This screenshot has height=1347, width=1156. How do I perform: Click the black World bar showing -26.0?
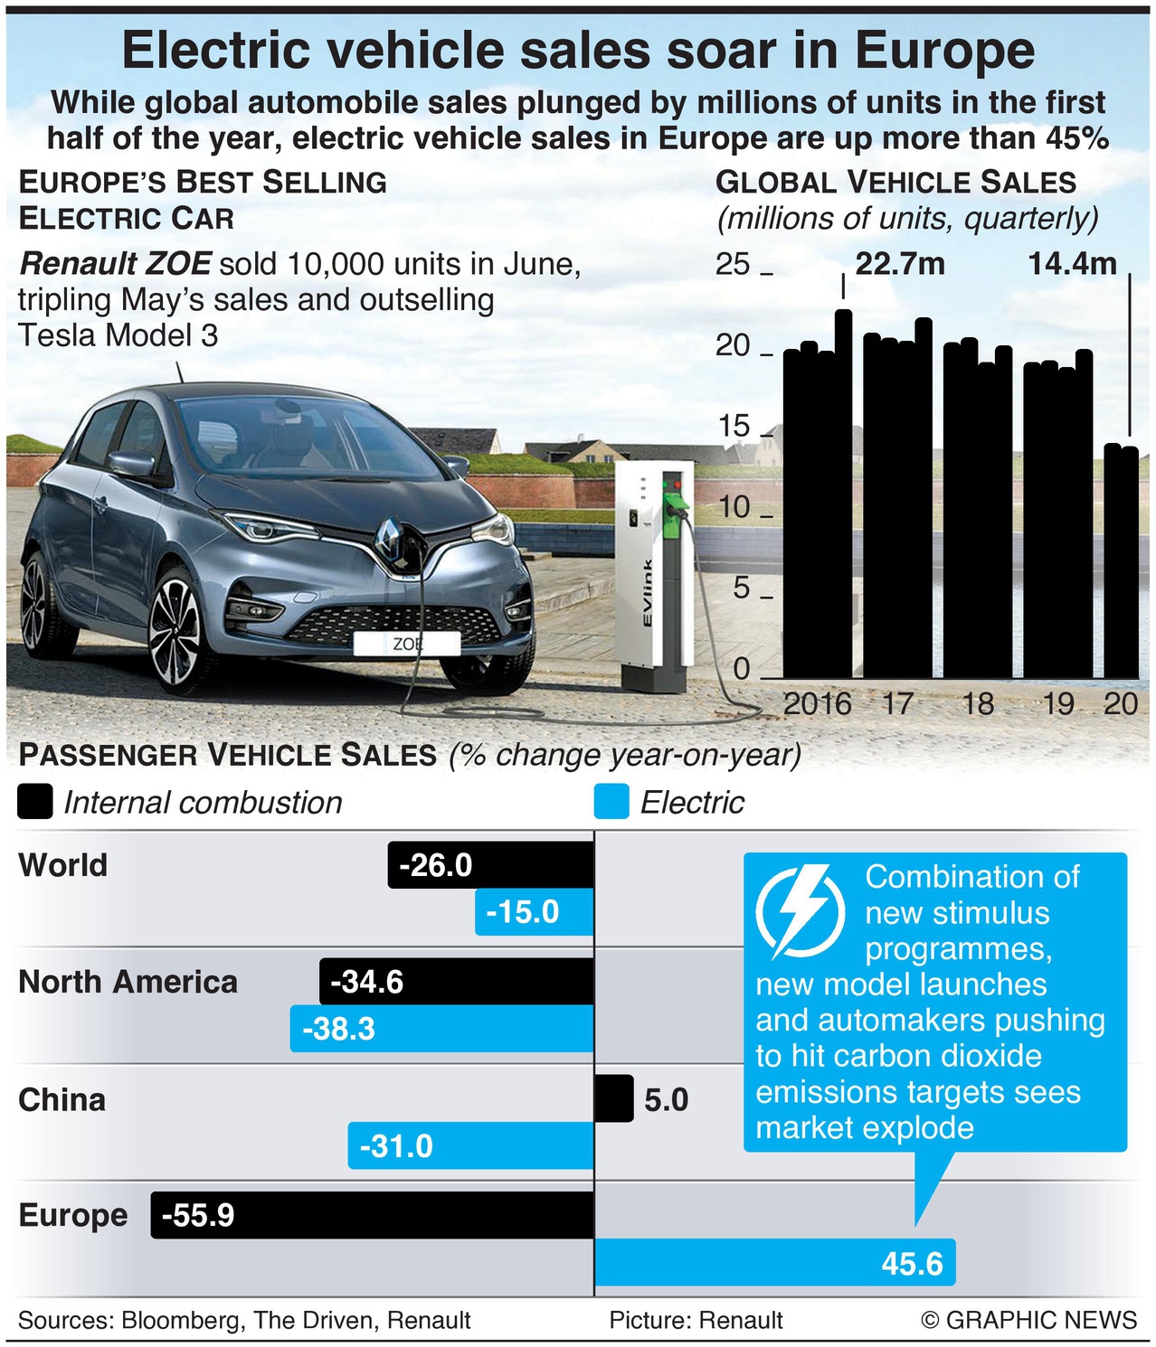[x=491, y=865]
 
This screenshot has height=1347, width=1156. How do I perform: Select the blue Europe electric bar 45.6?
[x=774, y=1262]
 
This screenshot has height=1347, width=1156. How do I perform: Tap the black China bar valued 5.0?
[x=614, y=1099]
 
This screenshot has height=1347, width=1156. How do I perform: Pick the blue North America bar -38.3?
[x=441, y=1029]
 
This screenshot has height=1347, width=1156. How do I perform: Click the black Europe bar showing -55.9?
[x=373, y=1215]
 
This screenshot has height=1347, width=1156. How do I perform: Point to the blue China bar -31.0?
[x=470, y=1145]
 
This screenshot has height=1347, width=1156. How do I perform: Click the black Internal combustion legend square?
[x=35, y=803]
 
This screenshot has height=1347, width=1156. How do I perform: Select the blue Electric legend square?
[x=611, y=803]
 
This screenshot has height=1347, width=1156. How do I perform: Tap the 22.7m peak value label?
[x=900, y=264]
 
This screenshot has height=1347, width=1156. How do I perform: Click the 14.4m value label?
[x=1072, y=264]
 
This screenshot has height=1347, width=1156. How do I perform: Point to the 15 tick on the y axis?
[x=734, y=426]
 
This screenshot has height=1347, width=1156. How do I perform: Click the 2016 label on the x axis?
[x=817, y=703]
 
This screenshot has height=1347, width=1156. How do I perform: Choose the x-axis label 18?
[x=978, y=703]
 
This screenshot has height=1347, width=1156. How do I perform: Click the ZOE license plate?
[x=407, y=644]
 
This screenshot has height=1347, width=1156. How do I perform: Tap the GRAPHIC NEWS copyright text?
[x=1028, y=1320]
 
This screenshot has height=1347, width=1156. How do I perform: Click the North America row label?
[x=128, y=982]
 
